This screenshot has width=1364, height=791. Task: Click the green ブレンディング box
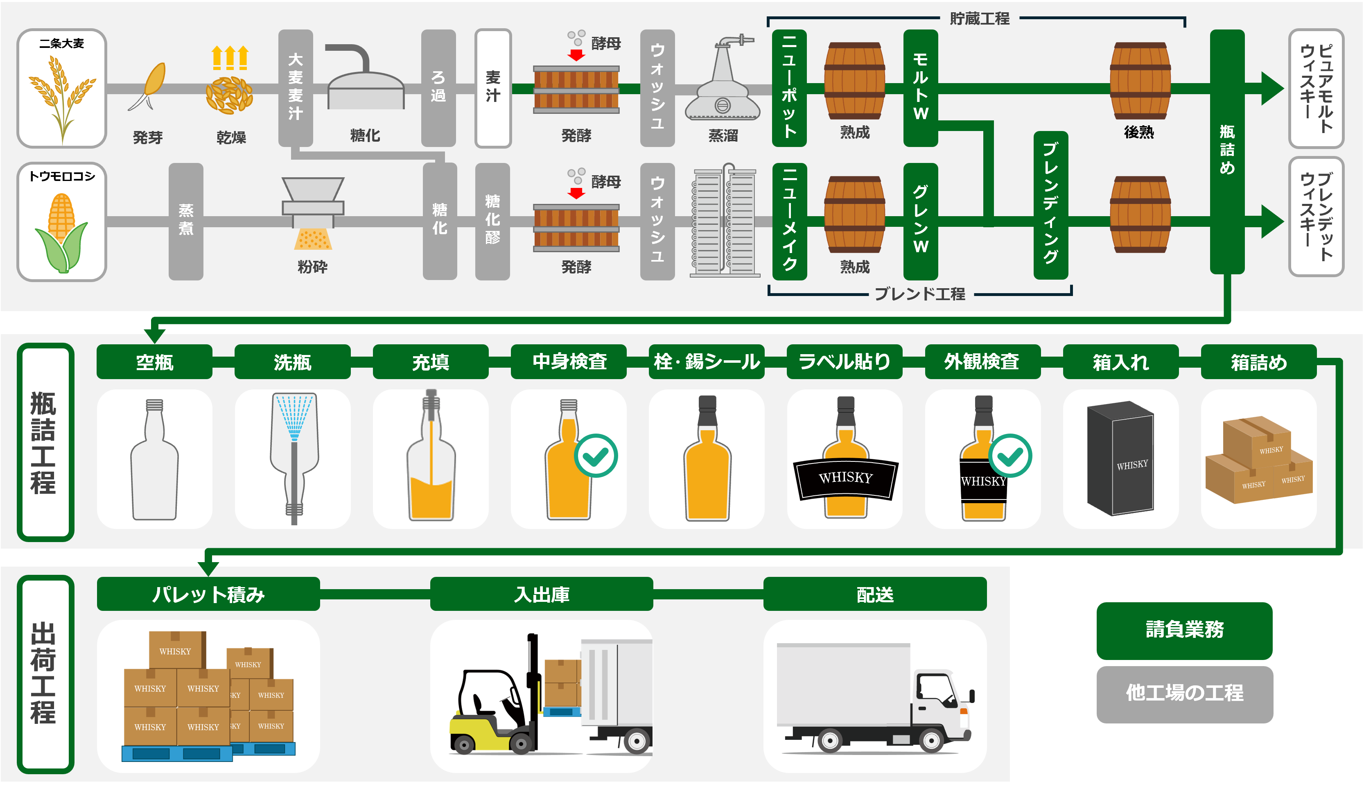[1050, 205]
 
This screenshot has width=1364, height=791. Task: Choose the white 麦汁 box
[492, 88]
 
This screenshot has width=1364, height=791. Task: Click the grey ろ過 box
[438, 88]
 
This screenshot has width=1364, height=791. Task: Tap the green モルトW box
[920, 88]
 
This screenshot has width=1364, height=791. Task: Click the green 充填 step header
[430, 362]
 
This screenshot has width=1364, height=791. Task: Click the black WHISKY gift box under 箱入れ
[1120, 458]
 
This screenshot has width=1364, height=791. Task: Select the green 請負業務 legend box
[1184, 630]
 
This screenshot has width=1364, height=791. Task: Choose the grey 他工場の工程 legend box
[1184, 694]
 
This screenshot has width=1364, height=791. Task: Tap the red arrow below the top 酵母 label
[576, 55]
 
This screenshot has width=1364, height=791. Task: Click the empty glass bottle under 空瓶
[154, 460]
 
